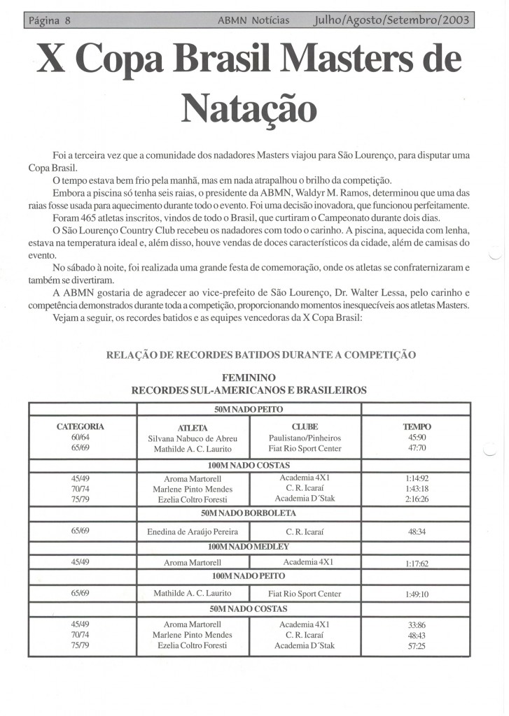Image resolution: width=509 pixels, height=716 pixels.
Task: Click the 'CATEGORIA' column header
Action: point(80,426)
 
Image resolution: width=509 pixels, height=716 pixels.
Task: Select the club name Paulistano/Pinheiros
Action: point(305,438)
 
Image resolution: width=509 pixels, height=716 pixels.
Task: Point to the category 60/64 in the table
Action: point(80,438)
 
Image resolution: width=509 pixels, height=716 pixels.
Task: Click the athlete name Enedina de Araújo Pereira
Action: point(193,531)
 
